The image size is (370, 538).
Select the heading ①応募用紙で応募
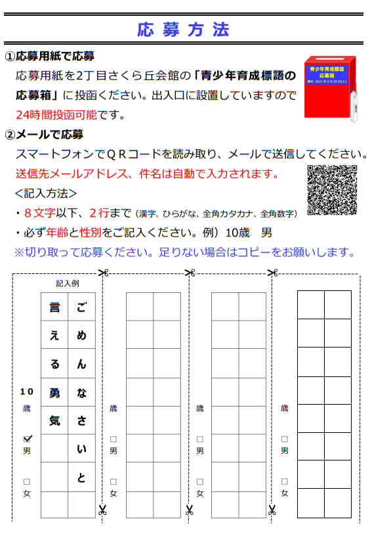coord(50,56)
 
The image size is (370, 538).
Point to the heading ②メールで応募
coord(44,135)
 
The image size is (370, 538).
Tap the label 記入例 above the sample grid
coord(67,283)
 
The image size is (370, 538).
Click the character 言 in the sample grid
coord(54,307)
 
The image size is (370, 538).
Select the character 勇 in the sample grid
coord(54,392)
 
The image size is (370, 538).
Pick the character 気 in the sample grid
coord(54,420)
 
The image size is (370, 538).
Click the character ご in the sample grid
coord(81,307)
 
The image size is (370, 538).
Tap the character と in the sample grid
coord(81,478)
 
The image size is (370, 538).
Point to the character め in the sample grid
coord(81,336)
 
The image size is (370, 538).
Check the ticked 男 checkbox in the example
coord(27,438)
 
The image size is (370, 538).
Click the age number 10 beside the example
coord(26,392)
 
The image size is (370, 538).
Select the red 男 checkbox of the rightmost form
coord(284,439)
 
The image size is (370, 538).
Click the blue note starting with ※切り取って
coord(185,252)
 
